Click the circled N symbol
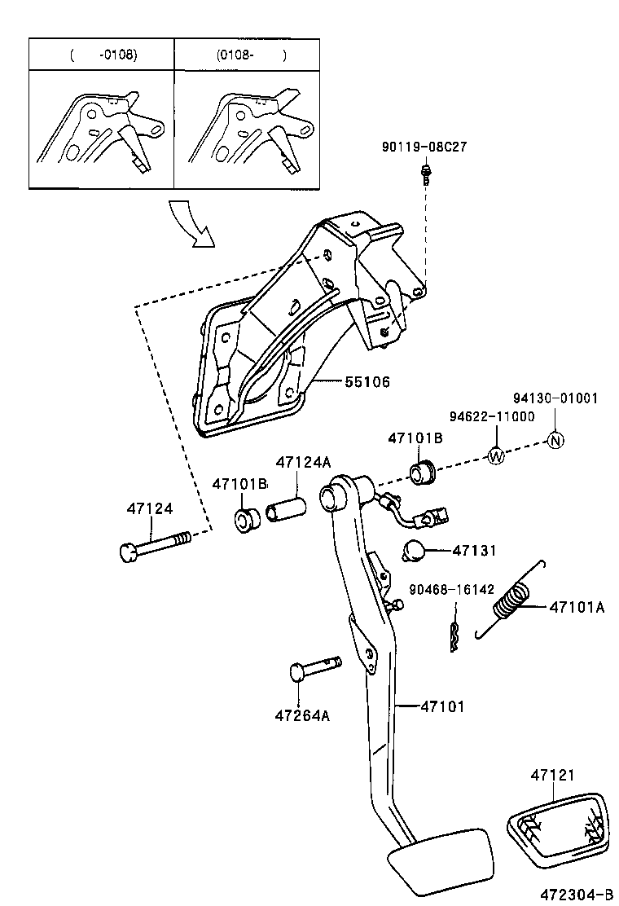tap(556, 440)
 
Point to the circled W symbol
tap(496, 456)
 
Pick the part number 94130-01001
tap(555, 398)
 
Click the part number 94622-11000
tap(492, 416)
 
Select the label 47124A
tap(303, 462)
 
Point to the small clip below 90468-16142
tap(454, 636)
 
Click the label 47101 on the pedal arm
tap(442, 706)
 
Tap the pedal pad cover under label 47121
tap(560, 824)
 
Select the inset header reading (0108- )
tap(251, 55)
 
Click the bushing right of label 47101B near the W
tap(423, 472)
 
